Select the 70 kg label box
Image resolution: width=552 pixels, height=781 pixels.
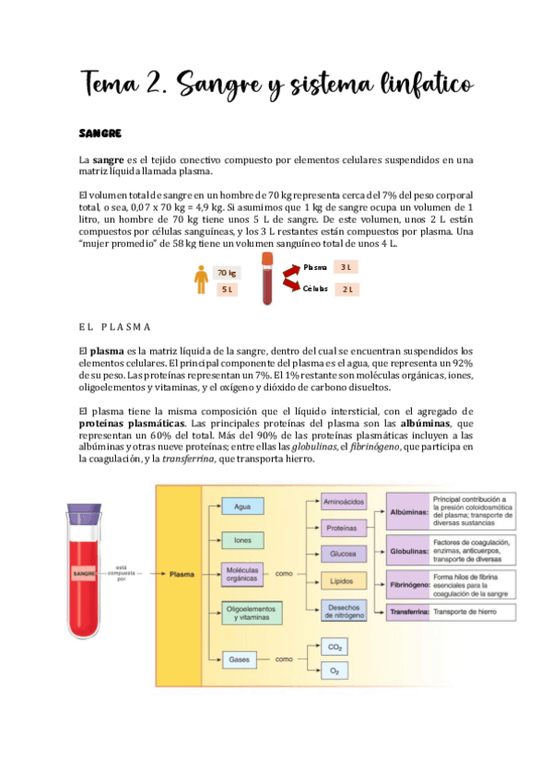point(227,273)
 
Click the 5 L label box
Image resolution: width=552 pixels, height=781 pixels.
point(227,289)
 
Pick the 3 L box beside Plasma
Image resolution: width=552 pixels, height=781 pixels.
point(346,267)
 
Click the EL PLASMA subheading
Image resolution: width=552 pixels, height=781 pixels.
point(116,327)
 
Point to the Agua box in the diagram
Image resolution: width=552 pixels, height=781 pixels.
point(243,507)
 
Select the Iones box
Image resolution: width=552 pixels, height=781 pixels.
point(243,540)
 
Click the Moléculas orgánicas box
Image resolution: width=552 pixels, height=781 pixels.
point(243,574)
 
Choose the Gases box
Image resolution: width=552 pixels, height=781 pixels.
point(240,659)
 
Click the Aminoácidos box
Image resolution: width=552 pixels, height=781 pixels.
point(341,502)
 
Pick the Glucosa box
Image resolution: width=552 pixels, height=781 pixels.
point(342,554)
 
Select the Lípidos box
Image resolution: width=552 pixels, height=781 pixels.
point(342,581)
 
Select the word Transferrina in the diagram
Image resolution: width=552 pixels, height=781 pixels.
point(408,612)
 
